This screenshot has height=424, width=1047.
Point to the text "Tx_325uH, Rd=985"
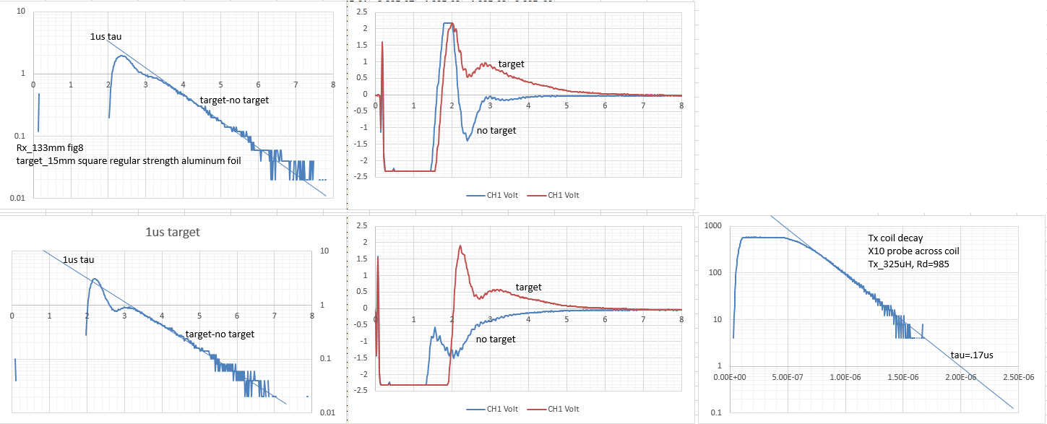click(x=908, y=264)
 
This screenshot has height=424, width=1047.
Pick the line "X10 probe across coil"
click(x=913, y=251)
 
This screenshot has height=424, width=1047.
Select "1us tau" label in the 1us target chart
click(x=78, y=260)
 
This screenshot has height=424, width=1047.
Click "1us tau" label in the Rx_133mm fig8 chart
click(x=105, y=37)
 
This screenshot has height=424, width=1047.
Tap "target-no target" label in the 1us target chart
click(x=220, y=334)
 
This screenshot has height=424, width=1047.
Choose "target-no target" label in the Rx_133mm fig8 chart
click(x=234, y=100)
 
